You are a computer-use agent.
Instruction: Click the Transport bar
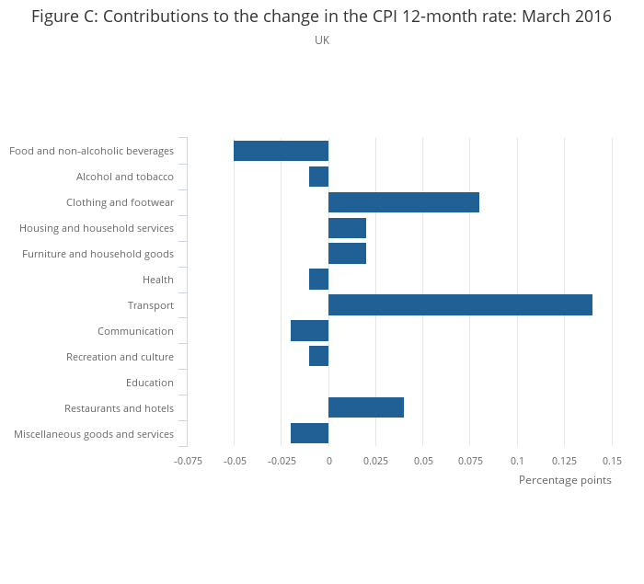(460, 305)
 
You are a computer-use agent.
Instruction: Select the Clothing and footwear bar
(404, 202)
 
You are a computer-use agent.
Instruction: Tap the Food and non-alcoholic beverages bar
(281, 151)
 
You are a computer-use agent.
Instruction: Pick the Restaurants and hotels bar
(366, 408)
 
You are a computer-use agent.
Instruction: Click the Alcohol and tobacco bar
(318, 177)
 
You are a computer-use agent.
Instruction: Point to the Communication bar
(309, 331)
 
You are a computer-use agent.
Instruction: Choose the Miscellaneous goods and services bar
(309, 434)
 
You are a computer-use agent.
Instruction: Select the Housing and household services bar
(347, 228)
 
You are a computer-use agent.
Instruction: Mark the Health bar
(318, 280)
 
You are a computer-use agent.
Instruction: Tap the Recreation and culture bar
(318, 357)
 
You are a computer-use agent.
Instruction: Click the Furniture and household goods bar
(347, 254)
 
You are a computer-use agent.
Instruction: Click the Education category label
(149, 383)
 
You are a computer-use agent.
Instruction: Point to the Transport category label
(150, 305)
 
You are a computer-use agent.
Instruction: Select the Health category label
(157, 280)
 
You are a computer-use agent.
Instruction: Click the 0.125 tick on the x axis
(565, 461)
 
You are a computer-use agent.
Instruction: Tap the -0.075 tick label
(188, 461)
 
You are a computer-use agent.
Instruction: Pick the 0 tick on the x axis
(328, 461)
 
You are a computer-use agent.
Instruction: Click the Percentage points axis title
(564, 480)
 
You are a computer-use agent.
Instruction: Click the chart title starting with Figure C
(321, 17)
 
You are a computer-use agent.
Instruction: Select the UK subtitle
(322, 40)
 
